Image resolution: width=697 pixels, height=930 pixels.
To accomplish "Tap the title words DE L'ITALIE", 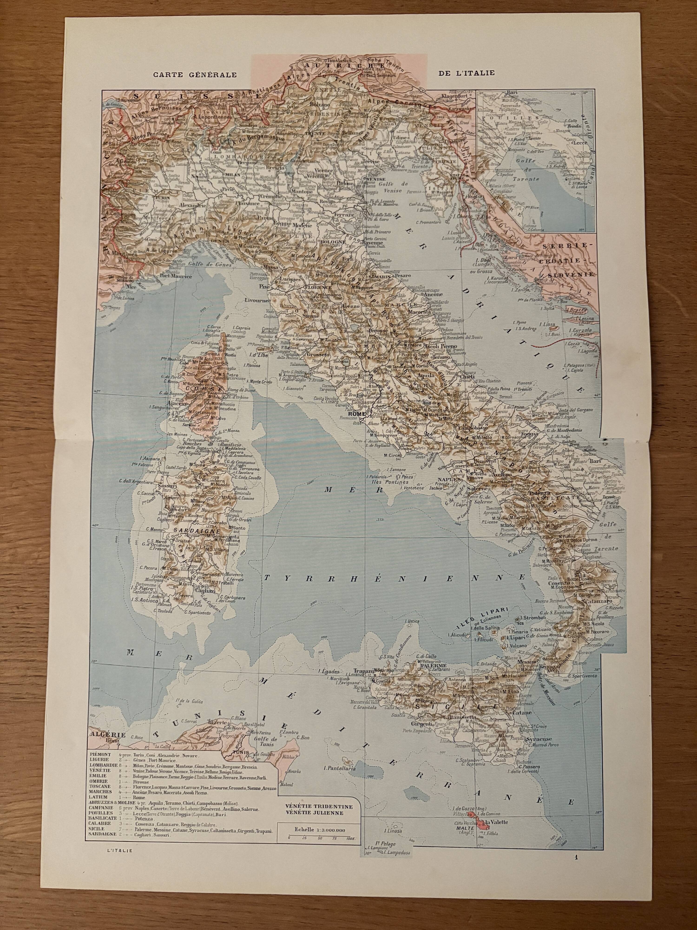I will [466, 72].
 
